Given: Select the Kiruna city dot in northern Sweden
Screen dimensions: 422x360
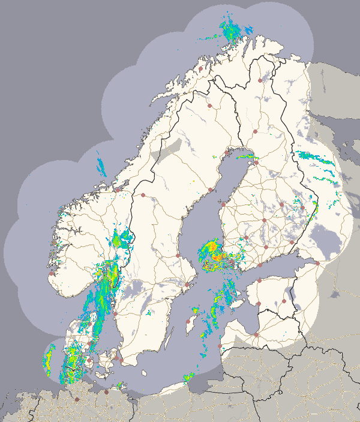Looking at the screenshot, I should (x=209, y=106).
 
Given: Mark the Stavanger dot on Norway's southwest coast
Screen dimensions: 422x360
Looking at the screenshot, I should (x=52, y=273).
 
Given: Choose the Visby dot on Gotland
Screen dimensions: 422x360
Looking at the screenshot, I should (x=187, y=321).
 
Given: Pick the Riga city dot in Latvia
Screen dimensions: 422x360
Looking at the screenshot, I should (x=256, y=334).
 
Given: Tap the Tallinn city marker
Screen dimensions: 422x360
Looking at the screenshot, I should (x=259, y=281).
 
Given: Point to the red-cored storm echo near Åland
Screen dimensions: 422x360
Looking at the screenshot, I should (x=211, y=255).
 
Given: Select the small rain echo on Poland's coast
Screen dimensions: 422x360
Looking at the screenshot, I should (x=188, y=378).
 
